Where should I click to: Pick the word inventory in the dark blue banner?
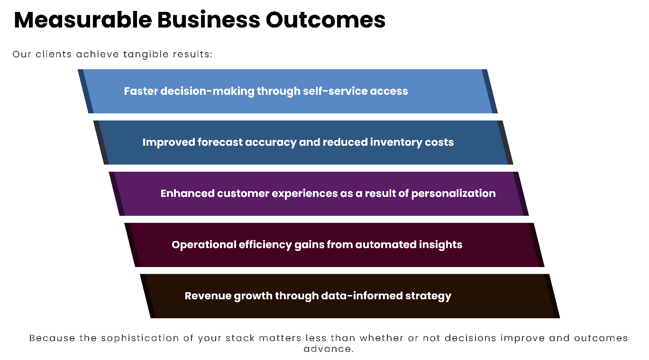(x=394, y=142)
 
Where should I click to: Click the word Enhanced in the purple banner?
(x=187, y=194)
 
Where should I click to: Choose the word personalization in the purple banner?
(x=453, y=194)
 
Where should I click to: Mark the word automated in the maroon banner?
(x=386, y=245)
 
